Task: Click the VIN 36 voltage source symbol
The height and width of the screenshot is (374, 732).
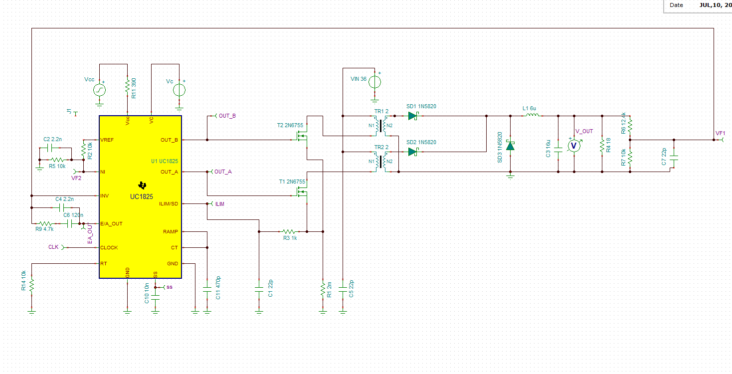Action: (x=374, y=82)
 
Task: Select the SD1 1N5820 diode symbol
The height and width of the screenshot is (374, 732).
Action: (x=413, y=116)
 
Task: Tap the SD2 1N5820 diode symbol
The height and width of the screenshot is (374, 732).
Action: (x=413, y=152)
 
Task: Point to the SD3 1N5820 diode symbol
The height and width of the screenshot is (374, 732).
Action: (x=510, y=146)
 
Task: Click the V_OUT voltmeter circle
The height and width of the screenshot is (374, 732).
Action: (x=574, y=146)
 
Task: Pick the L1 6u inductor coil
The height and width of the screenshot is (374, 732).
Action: (x=533, y=115)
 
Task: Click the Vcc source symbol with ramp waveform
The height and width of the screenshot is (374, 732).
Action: (x=99, y=90)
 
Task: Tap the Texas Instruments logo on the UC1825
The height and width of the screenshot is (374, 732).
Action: (x=142, y=186)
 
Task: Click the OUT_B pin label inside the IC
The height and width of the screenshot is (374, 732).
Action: (x=169, y=140)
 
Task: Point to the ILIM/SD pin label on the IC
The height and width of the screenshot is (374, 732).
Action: (x=169, y=203)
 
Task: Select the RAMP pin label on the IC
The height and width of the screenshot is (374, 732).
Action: (x=171, y=231)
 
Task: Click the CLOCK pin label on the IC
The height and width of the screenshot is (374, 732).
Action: (x=109, y=247)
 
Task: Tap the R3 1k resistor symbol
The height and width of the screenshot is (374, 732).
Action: (x=289, y=231)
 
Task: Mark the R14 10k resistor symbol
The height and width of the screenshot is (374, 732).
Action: (x=32, y=285)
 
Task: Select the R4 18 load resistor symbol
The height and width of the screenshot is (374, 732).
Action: (x=602, y=146)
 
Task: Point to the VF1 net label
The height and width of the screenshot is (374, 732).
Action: (x=720, y=133)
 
